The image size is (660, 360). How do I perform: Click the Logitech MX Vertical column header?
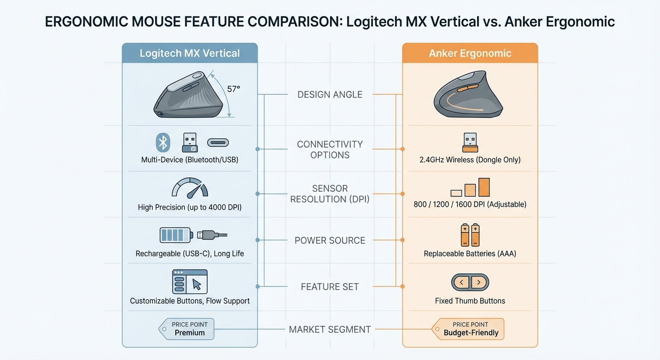pos(189,53)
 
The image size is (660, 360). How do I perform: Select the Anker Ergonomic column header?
pos(470,53)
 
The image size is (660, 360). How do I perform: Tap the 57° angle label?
pos(233,89)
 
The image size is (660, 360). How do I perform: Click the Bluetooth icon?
pos(163,142)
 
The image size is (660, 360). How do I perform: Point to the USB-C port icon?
pos(218,142)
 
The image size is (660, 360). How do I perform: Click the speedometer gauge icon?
pos(189,188)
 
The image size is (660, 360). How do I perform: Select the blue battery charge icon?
pos(175,234)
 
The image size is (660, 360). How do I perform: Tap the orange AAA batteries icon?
pos(470,235)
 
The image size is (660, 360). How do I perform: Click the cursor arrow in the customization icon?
pos(197,284)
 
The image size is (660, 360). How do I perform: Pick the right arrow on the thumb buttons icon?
pos(478,282)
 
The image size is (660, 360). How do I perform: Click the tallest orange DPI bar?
pos(484,187)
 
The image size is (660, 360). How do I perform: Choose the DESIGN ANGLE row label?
pos(330,95)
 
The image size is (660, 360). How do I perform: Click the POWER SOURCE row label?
pos(330,240)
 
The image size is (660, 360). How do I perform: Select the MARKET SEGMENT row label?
pos(330,330)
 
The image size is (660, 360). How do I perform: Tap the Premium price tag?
pos(188,329)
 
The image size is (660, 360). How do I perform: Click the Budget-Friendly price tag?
pos(470,329)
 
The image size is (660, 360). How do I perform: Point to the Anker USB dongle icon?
pos(470,142)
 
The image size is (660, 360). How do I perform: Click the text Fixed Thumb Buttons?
pos(470,301)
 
